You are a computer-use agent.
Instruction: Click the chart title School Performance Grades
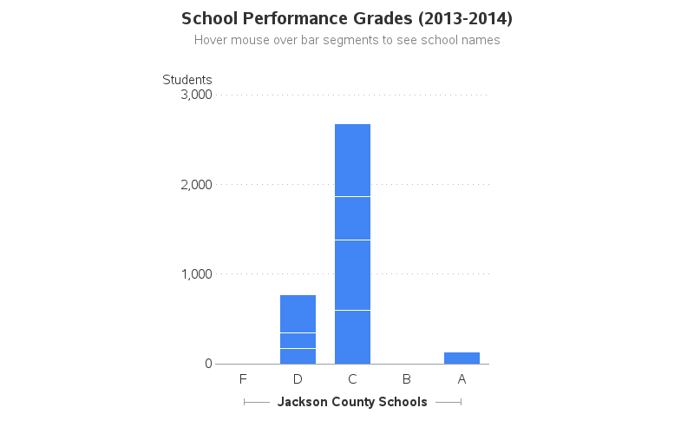click(347, 18)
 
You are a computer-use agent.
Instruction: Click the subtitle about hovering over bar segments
click(347, 40)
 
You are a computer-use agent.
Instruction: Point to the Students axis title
click(187, 80)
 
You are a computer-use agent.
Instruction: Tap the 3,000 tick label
click(196, 95)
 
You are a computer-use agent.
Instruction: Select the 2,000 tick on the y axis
click(196, 185)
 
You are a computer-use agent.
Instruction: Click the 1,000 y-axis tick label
click(196, 274)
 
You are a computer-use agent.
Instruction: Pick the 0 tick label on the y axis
click(208, 364)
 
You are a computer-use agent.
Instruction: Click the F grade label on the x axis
click(243, 379)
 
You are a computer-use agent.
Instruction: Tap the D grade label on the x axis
click(298, 379)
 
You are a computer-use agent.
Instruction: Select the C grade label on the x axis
click(352, 379)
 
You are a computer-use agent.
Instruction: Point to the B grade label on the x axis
click(407, 379)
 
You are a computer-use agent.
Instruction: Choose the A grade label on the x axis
click(462, 379)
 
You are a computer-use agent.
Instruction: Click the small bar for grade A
click(462, 358)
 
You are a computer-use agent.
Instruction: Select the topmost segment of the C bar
click(352, 160)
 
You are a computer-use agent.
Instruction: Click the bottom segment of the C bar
click(352, 338)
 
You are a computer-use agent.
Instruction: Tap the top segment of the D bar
click(298, 313)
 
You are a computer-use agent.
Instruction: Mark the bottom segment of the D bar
click(298, 357)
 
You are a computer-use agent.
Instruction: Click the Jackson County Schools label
click(352, 402)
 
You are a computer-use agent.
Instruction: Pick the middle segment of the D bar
click(298, 340)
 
